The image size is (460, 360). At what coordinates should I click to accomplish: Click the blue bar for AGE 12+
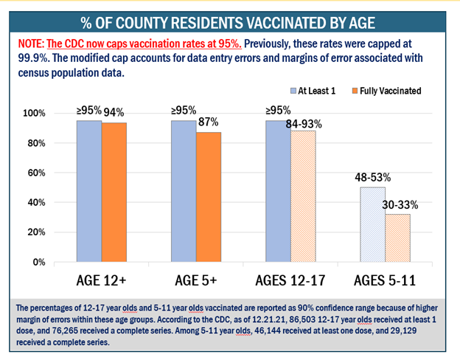(89, 191)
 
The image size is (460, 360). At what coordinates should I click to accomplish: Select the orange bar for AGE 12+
(113, 193)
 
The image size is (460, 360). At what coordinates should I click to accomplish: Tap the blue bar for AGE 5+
(184, 191)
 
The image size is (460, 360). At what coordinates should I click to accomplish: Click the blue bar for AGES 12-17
(278, 191)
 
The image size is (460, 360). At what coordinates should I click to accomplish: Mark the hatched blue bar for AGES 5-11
(372, 224)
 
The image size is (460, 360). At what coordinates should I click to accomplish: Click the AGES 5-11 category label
(384, 282)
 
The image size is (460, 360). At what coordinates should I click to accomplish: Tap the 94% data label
(114, 112)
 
